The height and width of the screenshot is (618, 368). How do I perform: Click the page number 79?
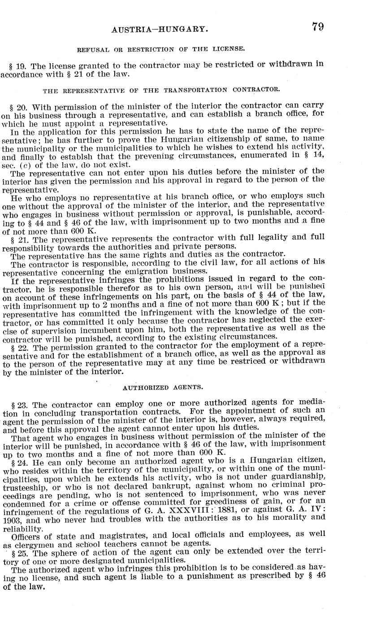tap(318, 26)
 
